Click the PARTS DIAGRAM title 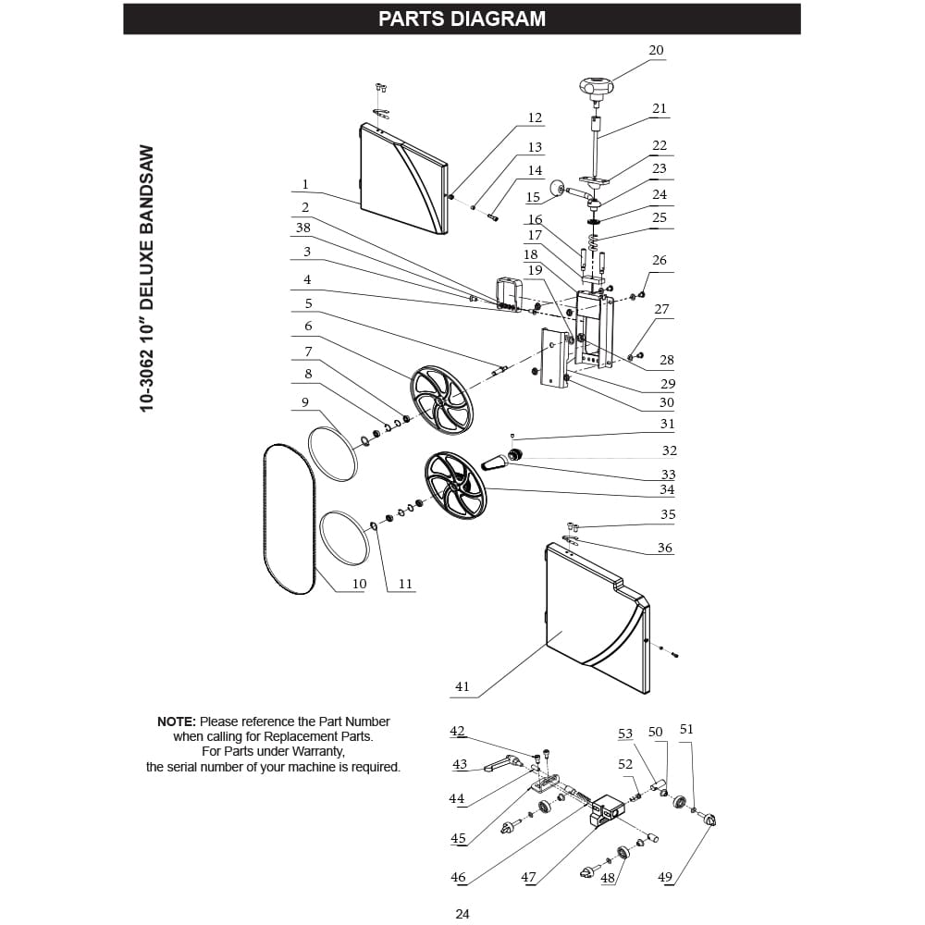pos(462,18)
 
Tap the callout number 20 pos(656,51)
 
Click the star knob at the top pos(597,89)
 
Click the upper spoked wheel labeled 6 pos(442,401)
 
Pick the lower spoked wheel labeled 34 pos(456,486)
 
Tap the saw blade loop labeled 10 pos(289,519)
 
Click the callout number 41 pos(462,686)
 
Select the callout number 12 pos(535,118)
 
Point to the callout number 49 pos(665,877)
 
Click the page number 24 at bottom pos(462,914)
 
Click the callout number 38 pos(303,228)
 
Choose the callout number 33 pos(668,475)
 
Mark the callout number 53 pos(625,734)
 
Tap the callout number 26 pos(660,260)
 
